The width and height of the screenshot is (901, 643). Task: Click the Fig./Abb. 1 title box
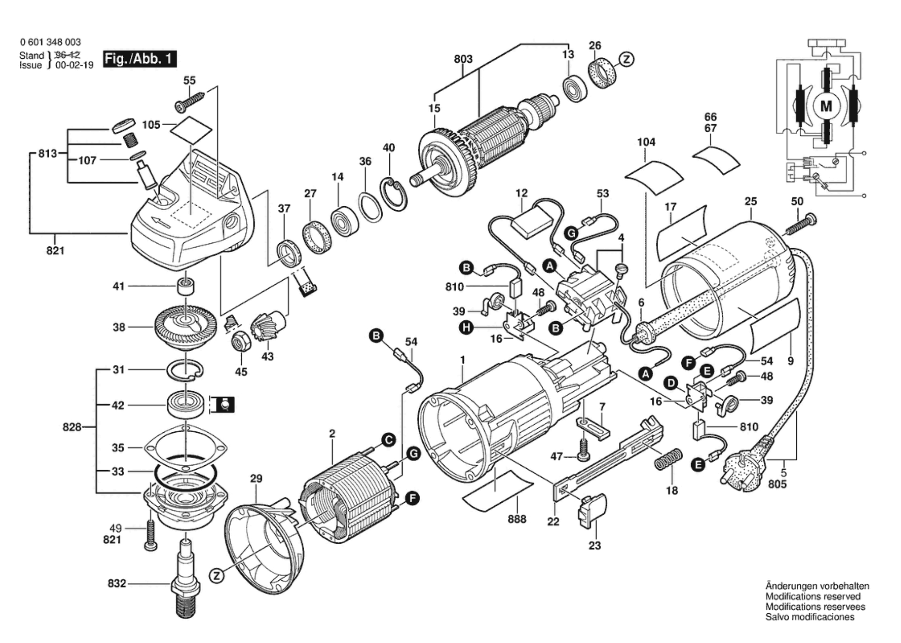(139, 59)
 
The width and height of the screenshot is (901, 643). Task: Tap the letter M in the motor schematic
(826, 106)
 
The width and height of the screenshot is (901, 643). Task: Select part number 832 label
(117, 583)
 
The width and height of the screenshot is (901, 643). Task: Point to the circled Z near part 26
(626, 59)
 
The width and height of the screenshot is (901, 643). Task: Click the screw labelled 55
(189, 102)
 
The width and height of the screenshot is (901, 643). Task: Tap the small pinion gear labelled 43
(269, 326)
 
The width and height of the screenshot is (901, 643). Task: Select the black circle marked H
(466, 327)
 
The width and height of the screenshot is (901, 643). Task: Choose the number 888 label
(517, 519)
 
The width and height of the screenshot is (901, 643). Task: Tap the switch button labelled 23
(591, 510)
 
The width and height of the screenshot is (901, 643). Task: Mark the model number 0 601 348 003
(50, 42)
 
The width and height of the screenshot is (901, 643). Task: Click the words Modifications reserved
(813, 596)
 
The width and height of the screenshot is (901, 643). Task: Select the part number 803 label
(463, 59)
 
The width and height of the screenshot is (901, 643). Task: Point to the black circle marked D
(671, 384)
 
